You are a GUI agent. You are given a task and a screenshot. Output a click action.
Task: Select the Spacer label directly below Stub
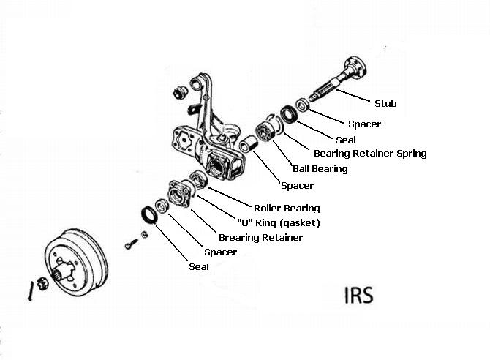(364, 124)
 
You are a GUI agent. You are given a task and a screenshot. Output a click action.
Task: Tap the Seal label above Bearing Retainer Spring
(346, 140)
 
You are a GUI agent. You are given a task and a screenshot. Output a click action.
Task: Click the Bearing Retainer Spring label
(369, 154)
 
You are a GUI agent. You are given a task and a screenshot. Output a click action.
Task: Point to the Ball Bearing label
(320, 169)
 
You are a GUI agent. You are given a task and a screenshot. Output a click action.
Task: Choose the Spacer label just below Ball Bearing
(297, 186)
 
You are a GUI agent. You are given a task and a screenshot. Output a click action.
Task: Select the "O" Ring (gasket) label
(278, 222)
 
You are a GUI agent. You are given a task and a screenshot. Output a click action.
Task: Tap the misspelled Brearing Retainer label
(260, 238)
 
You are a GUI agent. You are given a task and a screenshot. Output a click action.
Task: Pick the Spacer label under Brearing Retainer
(221, 252)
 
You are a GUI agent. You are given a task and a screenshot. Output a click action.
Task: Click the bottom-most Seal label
(199, 267)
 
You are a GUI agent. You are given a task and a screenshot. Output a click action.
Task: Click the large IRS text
(358, 296)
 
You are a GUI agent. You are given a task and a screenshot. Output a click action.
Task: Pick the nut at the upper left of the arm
(176, 91)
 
